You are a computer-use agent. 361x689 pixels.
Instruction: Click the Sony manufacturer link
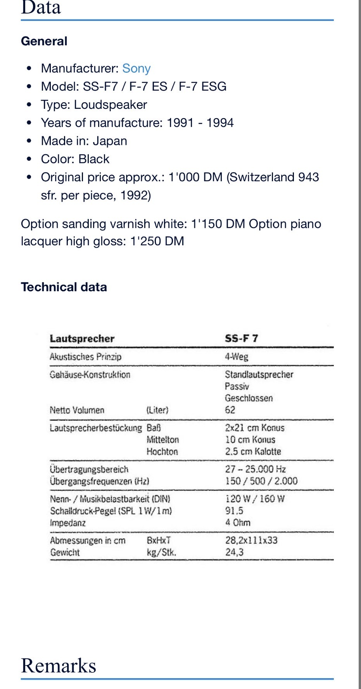point(136,69)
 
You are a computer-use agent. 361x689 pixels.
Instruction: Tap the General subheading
point(44,41)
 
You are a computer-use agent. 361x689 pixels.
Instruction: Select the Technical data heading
point(64,287)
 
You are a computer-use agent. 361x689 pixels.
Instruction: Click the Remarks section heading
point(59,666)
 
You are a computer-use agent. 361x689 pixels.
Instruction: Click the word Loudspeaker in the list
point(111,105)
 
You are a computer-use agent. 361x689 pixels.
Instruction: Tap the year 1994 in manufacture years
point(220,123)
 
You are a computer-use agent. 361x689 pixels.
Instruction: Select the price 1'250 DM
point(157,241)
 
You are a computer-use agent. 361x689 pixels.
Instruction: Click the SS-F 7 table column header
point(241,338)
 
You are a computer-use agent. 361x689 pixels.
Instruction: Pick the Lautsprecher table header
point(82,339)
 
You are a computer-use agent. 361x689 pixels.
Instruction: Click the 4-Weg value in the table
point(237,357)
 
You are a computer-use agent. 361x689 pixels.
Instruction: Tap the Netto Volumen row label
point(77,410)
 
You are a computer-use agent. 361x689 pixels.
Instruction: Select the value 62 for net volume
point(230,410)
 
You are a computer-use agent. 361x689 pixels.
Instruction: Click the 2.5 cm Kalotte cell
point(253,452)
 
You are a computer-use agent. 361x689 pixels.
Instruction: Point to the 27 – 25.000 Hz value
point(256,469)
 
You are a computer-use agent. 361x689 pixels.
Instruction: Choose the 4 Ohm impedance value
point(238,522)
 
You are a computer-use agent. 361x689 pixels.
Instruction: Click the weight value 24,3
point(235,552)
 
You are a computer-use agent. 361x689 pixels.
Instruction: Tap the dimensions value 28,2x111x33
point(251,540)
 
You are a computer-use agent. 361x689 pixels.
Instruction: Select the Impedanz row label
point(68,523)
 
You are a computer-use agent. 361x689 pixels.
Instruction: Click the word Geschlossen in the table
point(249,398)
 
